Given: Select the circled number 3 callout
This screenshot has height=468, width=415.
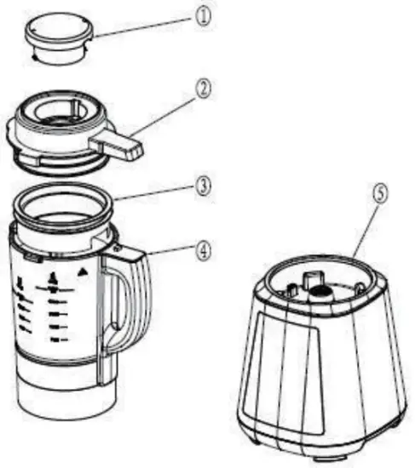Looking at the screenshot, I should click(x=204, y=185).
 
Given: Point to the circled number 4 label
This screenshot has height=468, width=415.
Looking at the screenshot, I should click(x=203, y=251).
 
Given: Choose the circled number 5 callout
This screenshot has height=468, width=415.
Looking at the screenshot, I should click(x=381, y=193).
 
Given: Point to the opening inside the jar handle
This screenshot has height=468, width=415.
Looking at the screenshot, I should click(x=122, y=306).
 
